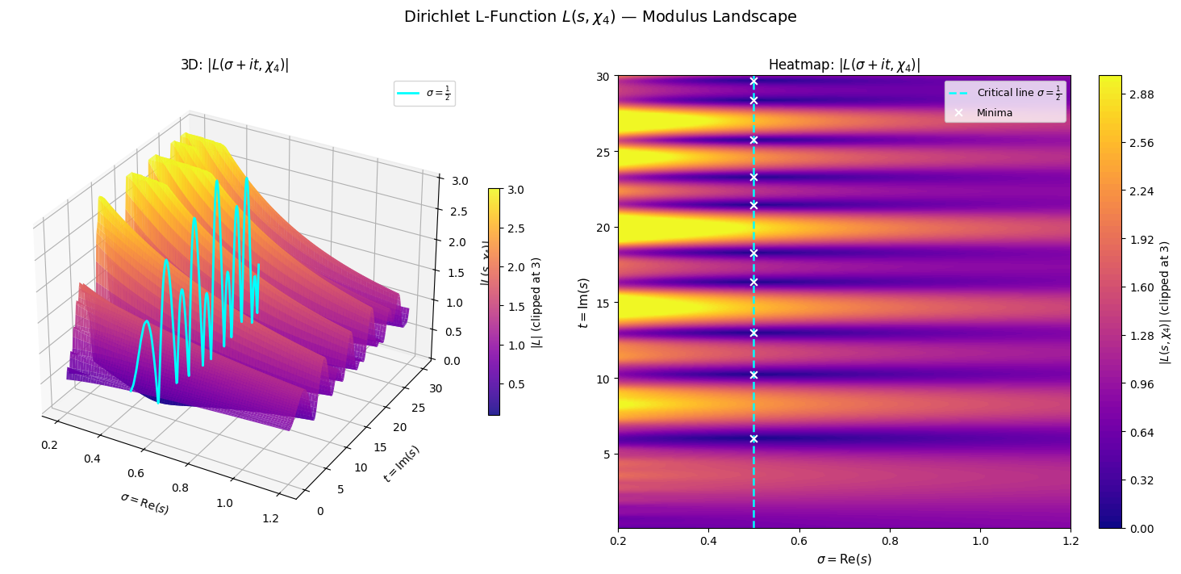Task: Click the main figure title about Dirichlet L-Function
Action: pyautogui.click(x=600, y=17)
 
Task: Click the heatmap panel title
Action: pyautogui.click(x=844, y=65)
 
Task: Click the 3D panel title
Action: pyautogui.click(x=235, y=65)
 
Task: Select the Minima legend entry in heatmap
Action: pyautogui.click(x=995, y=113)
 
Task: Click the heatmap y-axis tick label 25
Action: pyautogui.click(x=605, y=152)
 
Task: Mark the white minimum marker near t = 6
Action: pyautogui.click(x=753, y=438)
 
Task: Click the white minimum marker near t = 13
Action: pyautogui.click(x=753, y=333)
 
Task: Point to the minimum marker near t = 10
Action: pyautogui.click(x=753, y=375)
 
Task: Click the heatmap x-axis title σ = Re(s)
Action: pyautogui.click(x=844, y=559)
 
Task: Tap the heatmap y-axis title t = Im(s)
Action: pyautogui.click(x=584, y=302)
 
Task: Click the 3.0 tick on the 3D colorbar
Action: pyautogui.click(x=516, y=189)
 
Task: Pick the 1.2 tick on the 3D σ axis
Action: pyautogui.click(x=270, y=519)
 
